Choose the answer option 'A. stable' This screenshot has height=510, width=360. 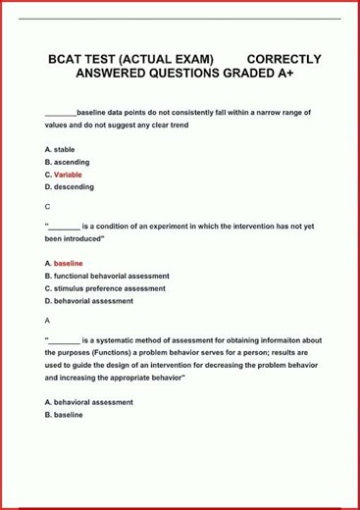coord(60,149)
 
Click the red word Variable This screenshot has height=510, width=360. coord(68,175)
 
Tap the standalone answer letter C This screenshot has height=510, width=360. coord(48,207)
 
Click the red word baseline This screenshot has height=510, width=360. coord(68,264)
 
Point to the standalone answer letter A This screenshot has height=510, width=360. coord(48,321)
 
